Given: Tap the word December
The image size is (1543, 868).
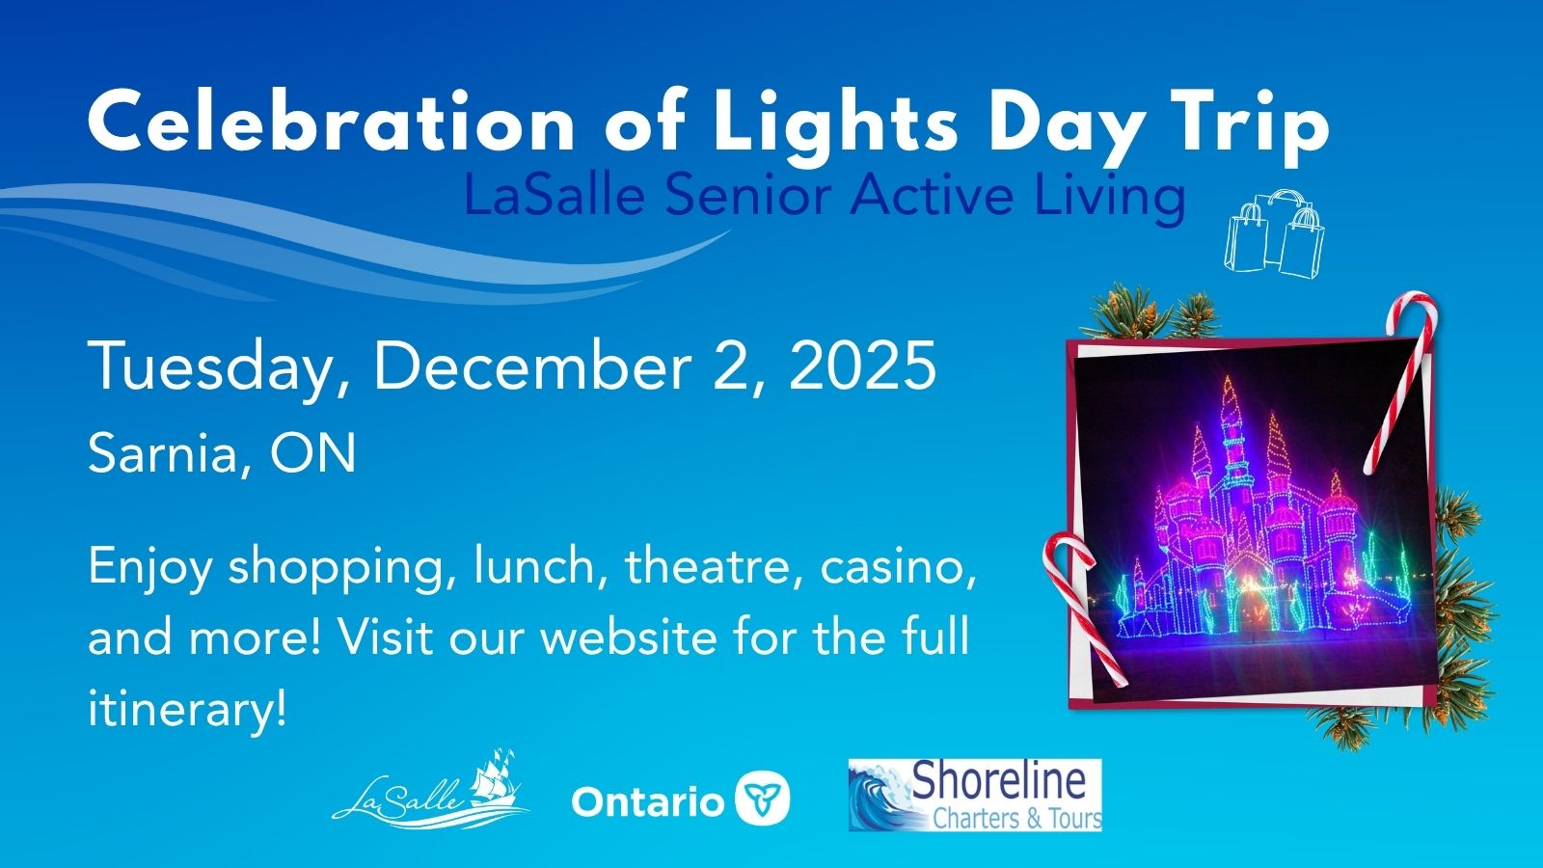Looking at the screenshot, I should pos(533,366).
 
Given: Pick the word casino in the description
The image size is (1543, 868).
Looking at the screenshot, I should pos(894,566).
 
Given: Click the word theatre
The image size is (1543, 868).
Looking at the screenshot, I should pos(715,566).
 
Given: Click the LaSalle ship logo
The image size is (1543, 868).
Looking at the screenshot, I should pos(431,790).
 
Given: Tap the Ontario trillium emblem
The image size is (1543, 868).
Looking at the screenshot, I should pos(763,799).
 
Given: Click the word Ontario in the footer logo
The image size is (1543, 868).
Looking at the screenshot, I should pos(647,801).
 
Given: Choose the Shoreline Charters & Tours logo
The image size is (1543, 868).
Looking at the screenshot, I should pos(975,796).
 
